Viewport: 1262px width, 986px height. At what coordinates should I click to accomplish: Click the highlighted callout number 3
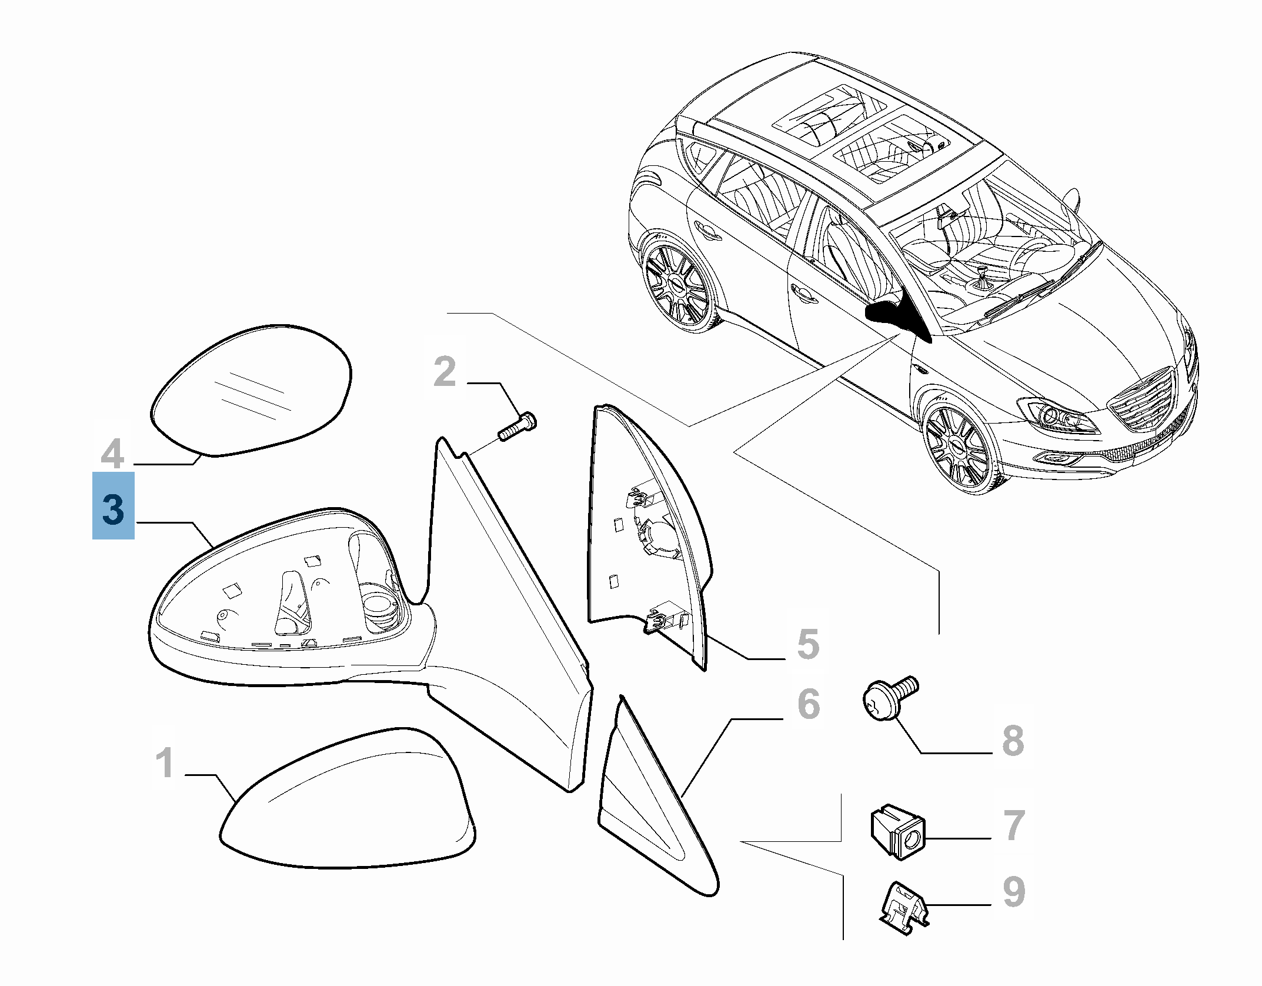point(113,507)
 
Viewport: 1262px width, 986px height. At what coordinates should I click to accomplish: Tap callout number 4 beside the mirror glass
point(112,454)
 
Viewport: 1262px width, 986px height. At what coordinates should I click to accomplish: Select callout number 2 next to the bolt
point(445,372)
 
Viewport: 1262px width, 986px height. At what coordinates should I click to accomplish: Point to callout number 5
point(808,644)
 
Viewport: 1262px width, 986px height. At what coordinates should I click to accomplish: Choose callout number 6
point(809,704)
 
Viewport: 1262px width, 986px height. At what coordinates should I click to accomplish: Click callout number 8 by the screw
point(1013,740)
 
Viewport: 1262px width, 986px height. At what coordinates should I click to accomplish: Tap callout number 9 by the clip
point(1014,892)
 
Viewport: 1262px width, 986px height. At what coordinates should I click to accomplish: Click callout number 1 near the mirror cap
point(165,763)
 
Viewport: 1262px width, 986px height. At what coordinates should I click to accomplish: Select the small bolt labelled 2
point(518,428)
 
